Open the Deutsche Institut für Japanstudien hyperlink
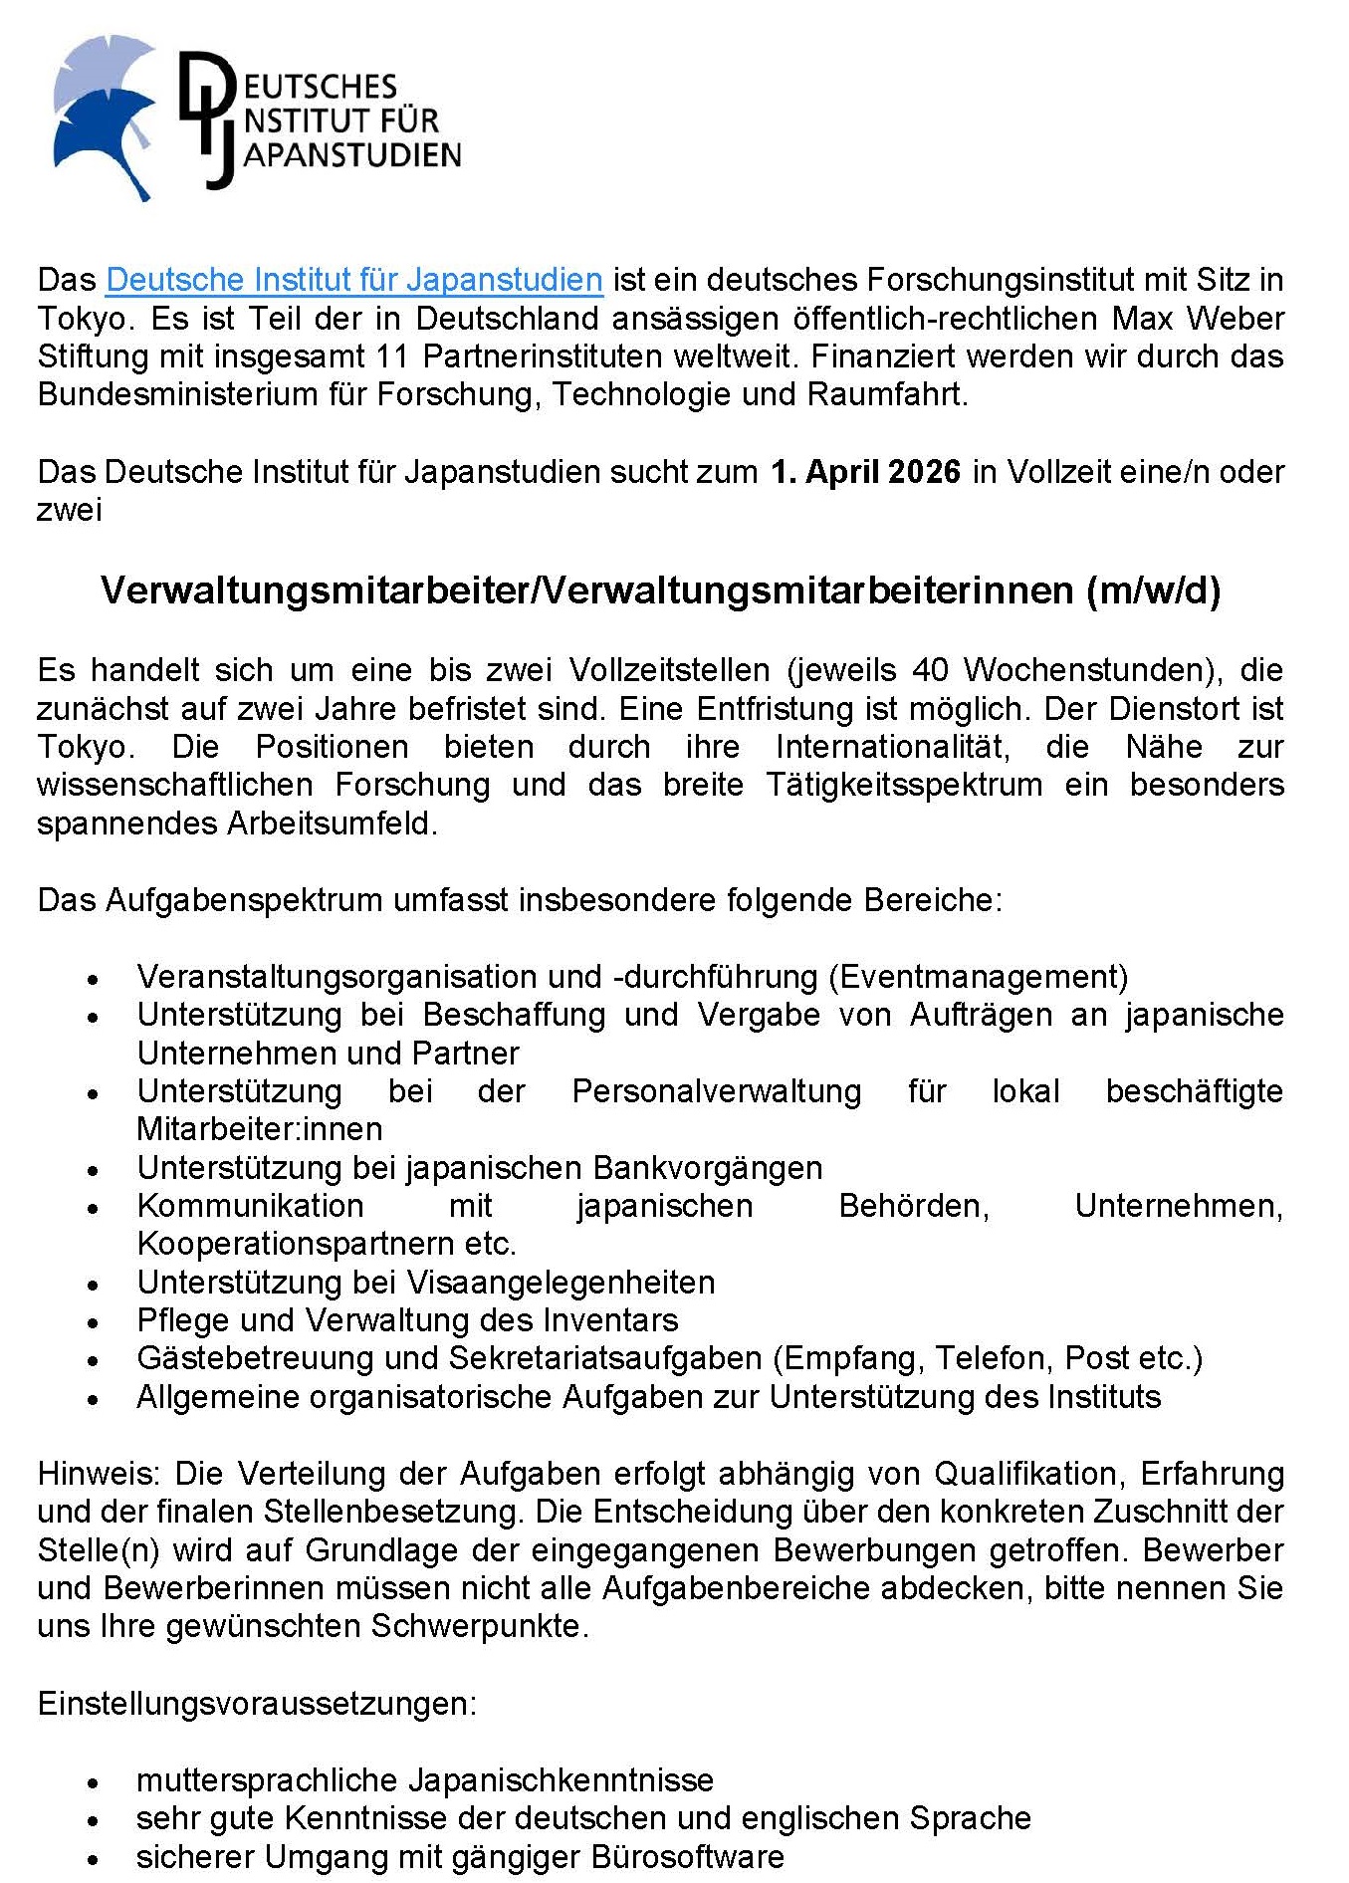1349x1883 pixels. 353,280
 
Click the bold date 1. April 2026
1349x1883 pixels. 865,472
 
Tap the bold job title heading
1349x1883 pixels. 660,591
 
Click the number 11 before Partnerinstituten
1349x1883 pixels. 393,356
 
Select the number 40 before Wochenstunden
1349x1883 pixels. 930,670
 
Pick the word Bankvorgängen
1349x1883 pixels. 707,1168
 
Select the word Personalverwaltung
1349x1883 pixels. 716,1091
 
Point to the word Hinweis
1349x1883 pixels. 97,1474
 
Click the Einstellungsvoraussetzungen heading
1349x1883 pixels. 257,1704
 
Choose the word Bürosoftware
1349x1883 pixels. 687,1857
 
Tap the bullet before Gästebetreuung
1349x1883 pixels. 93,1361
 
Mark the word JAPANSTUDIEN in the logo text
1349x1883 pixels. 352,156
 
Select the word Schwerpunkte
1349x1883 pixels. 477,1626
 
